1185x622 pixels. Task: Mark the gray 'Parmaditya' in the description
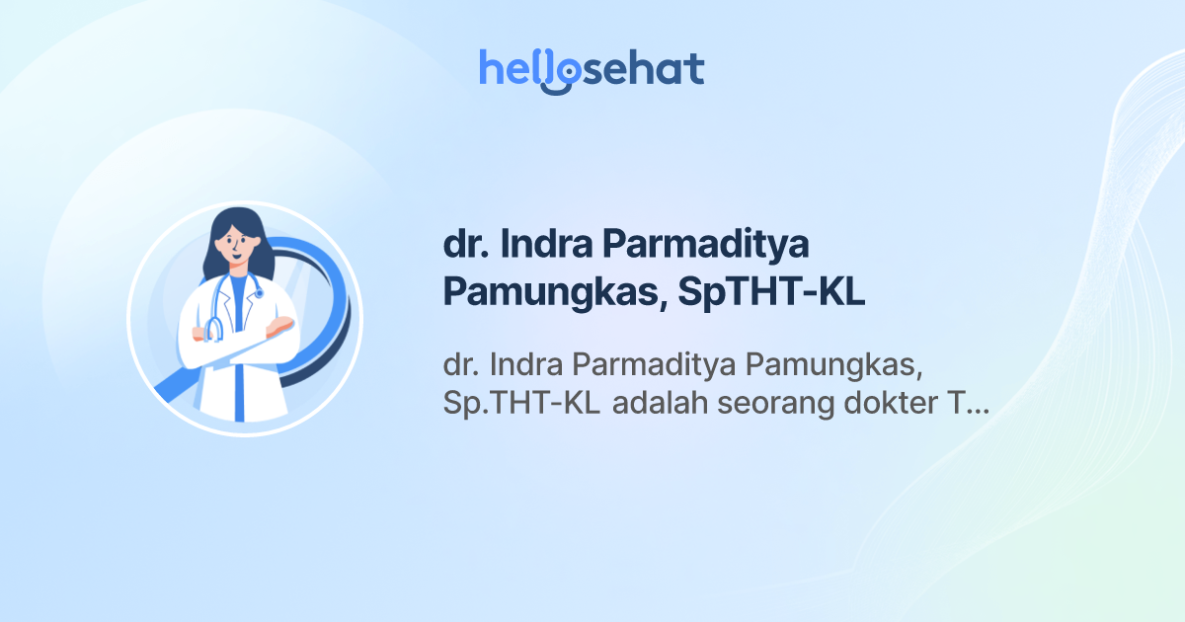coord(656,365)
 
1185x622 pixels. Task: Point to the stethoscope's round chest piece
coord(260,293)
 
